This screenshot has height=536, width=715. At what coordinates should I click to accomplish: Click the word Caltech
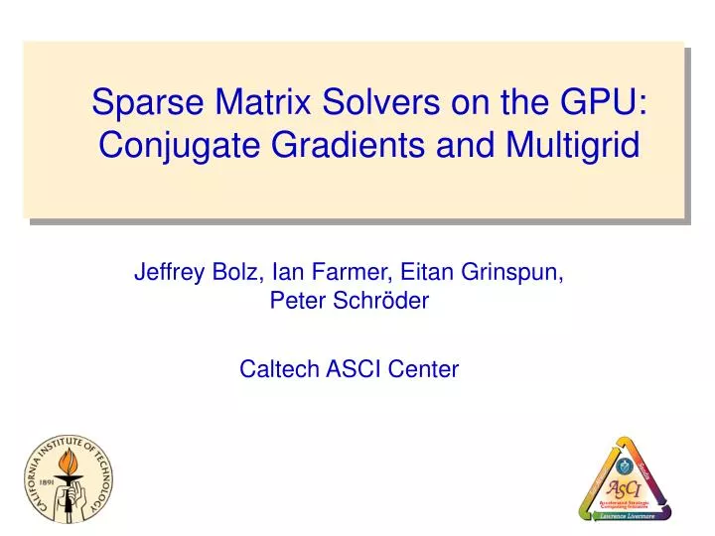click(274, 370)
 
